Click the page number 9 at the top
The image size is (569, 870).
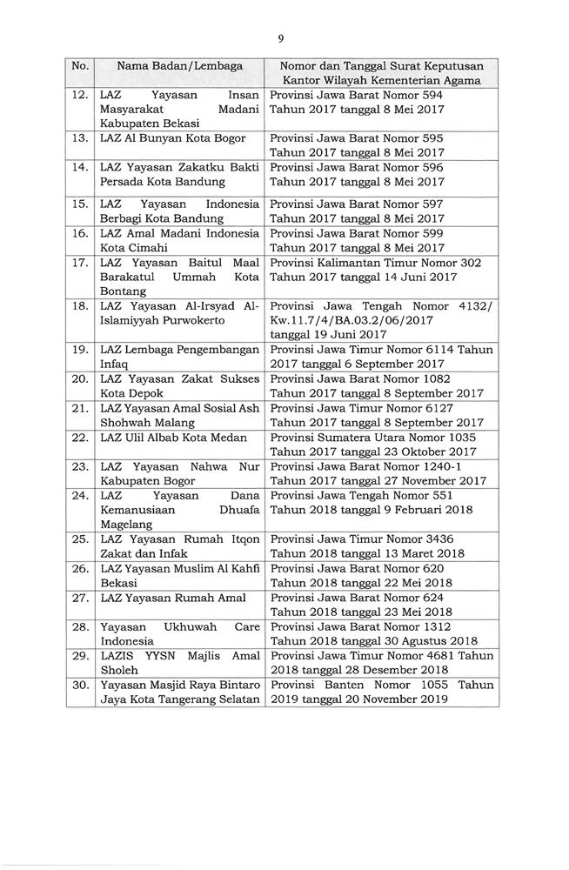pos(281,37)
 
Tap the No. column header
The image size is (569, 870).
pos(80,65)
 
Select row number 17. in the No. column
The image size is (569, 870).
pos(80,262)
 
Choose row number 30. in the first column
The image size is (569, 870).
pos(80,685)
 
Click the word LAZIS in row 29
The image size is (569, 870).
pos(117,655)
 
